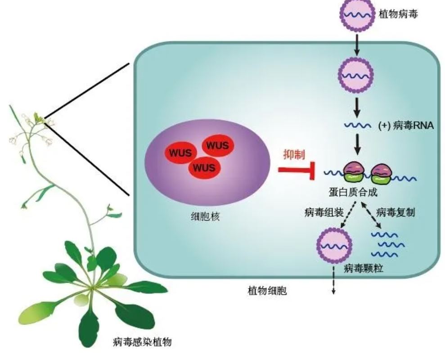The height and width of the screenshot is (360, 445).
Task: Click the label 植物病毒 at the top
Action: pos(399,14)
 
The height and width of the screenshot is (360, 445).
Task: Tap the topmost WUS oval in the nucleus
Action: pos(218,146)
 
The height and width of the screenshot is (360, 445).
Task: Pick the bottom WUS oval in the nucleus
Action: pos(204,168)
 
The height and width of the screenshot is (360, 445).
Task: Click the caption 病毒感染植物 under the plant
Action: pos(142,343)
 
